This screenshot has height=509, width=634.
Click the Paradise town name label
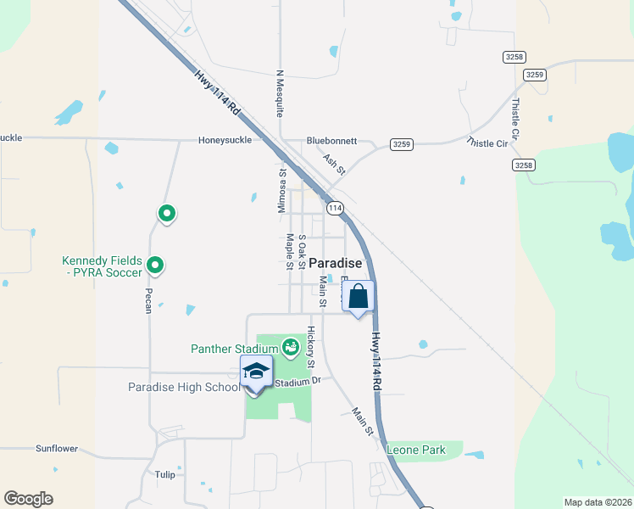tap(335, 263)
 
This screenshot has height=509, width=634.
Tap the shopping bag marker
tap(359, 297)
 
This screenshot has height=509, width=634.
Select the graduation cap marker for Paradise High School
tap(255, 372)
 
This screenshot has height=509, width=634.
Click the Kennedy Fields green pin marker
tap(155, 266)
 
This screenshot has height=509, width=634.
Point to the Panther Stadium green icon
tap(290, 346)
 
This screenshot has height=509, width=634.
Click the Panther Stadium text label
tap(235, 349)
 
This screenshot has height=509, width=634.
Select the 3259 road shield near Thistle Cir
tap(402, 144)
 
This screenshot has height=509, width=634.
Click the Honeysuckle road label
tap(225, 140)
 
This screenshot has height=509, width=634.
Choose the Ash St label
tap(334, 164)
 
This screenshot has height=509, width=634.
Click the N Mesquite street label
tap(279, 92)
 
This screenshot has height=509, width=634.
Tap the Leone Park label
tap(416, 450)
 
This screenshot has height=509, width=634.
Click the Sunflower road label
tap(57, 448)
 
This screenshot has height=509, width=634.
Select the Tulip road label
tap(164, 474)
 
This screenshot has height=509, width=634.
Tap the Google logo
tap(28, 499)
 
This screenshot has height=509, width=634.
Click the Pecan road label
tap(147, 299)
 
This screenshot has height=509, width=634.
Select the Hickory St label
tap(311, 347)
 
